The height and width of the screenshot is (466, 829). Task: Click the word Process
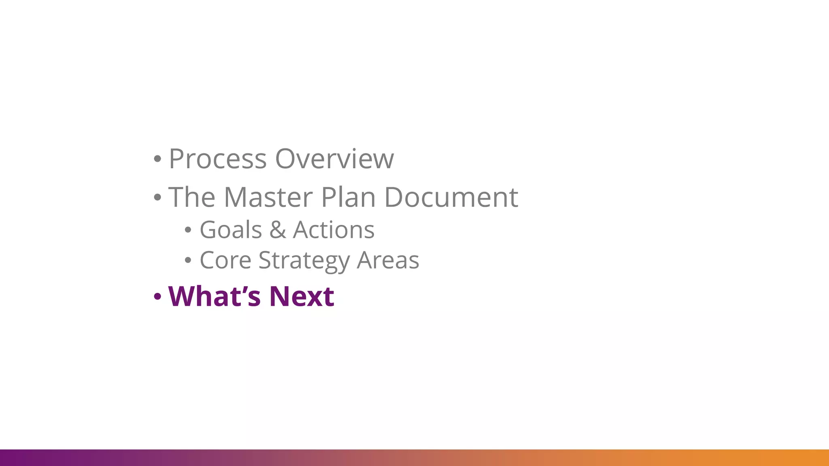217,159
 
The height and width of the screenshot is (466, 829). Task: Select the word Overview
334,159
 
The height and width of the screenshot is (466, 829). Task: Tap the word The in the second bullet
191,197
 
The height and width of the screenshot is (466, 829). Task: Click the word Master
268,197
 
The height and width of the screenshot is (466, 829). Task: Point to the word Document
451,197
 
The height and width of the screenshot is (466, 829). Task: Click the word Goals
231,230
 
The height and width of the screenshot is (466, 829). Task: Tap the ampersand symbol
278,230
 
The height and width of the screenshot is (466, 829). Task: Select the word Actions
334,230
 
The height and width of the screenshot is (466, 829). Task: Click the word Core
225,260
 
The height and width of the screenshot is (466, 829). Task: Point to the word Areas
388,260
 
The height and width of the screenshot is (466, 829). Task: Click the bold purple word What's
214,297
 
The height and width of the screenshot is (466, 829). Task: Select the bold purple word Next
302,297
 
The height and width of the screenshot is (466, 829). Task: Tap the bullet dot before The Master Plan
157,198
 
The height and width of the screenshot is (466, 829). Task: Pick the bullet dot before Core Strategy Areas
187,261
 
